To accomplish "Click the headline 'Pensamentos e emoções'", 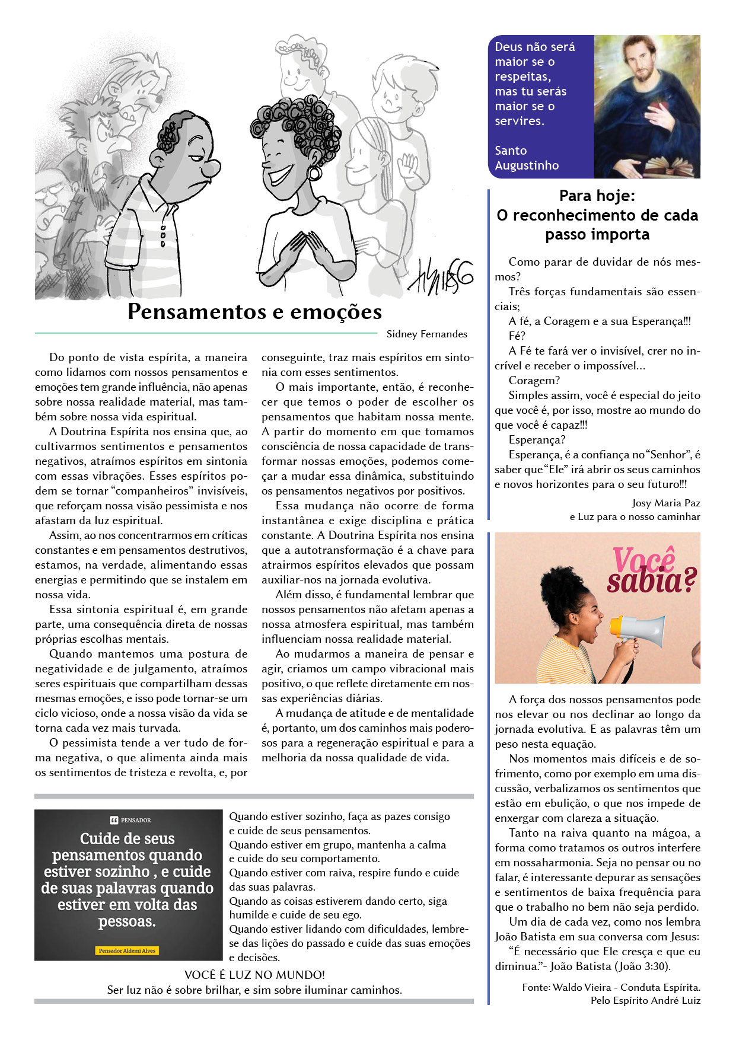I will (x=254, y=312).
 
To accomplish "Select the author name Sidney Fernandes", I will (x=426, y=334).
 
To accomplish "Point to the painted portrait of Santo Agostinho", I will (x=647, y=106).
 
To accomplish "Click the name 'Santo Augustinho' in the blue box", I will (x=527, y=158).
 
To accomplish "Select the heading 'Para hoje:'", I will (x=597, y=196).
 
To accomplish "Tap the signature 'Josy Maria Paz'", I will (x=666, y=503).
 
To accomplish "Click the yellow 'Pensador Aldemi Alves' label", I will (x=127, y=950).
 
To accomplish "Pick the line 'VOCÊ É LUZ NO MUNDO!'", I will (x=254, y=975).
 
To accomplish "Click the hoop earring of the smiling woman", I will (x=315, y=173).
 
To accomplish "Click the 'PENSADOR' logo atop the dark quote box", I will (x=130, y=820).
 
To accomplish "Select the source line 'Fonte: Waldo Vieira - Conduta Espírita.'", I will (x=611, y=987).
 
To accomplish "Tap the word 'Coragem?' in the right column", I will (x=534, y=381).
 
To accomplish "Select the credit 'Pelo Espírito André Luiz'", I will (x=645, y=1000).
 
